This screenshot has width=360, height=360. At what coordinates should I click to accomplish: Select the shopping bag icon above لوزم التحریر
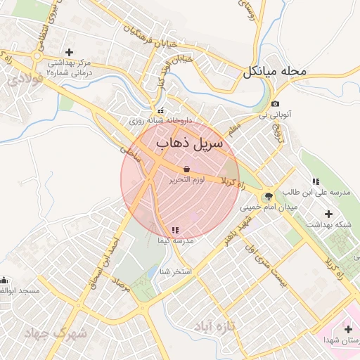(x=186, y=169)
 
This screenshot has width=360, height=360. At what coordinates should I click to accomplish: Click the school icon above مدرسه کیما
(x=174, y=230)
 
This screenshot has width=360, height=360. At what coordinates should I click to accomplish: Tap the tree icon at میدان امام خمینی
(x=268, y=197)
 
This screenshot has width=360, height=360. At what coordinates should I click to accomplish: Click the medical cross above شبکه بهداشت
(x=328, y=213)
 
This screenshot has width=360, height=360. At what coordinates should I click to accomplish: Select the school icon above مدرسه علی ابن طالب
(x=316, y=181)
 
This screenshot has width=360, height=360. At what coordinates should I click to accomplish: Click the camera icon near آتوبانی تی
(x=275, y=104)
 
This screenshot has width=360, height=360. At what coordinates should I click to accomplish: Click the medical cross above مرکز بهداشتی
(x=69, y=52)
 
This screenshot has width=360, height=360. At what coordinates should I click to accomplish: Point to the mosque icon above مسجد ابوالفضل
(x=4, y=280)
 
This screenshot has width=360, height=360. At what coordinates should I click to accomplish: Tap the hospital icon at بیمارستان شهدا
(x=349, y=329)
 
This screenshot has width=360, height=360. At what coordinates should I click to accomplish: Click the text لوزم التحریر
(x=187, y=180)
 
